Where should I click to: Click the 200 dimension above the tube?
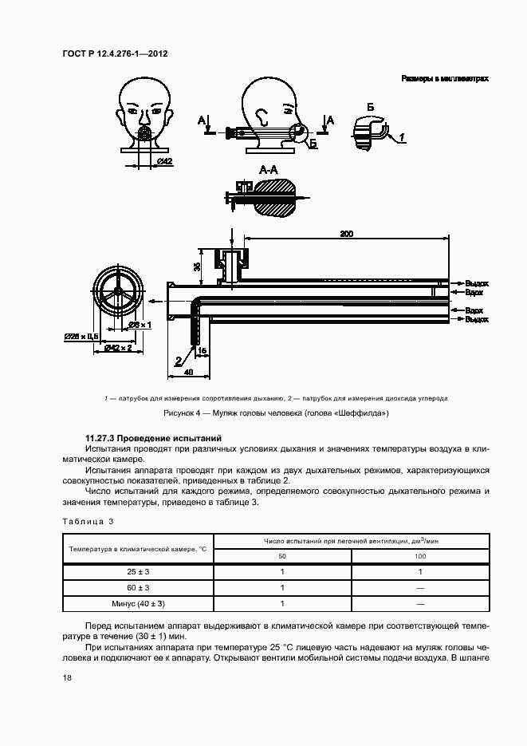[346, 233]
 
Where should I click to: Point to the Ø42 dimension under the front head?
[165, 162]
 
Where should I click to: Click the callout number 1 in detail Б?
[403, 138]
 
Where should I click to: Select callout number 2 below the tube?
[178, 361]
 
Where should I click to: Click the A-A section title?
[269, 170]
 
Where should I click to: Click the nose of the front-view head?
[144, 118]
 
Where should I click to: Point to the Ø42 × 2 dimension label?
[121, 349]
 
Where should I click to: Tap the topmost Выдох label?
[476, 283]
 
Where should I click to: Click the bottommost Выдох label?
[476, 318]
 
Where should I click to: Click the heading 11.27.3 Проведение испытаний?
[154, 439]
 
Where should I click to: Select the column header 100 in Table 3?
[420, 555]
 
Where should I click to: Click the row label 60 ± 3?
[138, 587]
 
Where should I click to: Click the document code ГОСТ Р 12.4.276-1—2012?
[114, 54]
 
